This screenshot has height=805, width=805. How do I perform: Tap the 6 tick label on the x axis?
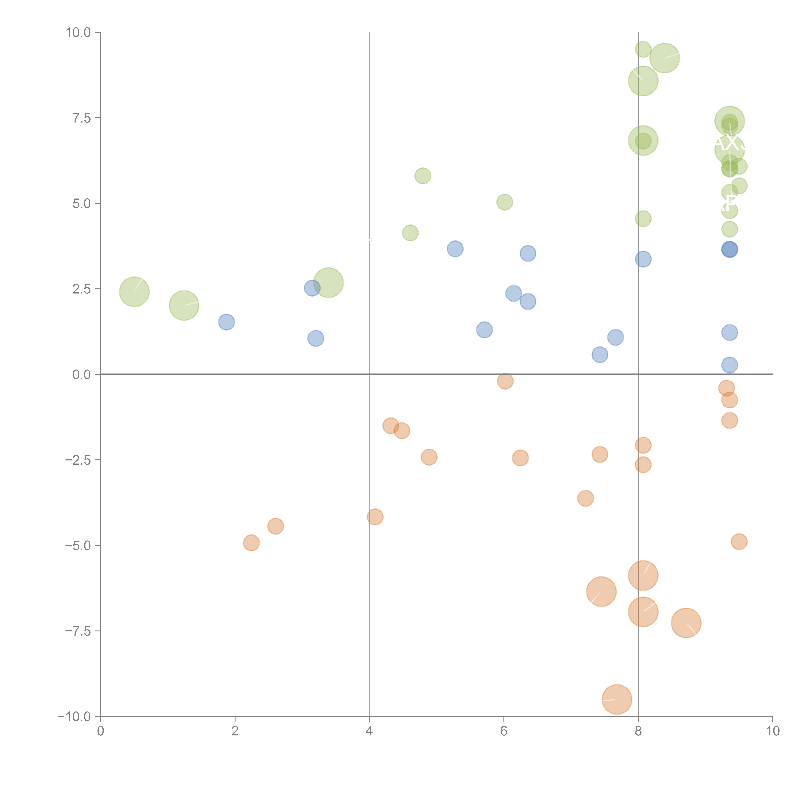[x=504, y=731]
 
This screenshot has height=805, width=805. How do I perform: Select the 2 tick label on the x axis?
[x=235, y=731]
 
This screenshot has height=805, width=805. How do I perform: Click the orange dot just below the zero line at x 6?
[x=505, y=381]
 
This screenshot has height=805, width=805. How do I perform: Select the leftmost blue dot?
[x=227, y=322]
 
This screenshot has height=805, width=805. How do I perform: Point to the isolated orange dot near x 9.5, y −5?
[x=739, y=542]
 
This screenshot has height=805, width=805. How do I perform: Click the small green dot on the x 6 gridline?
[x=505, y=202]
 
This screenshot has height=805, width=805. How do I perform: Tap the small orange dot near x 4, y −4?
[x=375, y=517]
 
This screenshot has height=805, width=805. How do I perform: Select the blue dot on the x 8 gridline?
[x=643, y=259]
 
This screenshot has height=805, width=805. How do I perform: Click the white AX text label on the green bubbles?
[x=729, y=143]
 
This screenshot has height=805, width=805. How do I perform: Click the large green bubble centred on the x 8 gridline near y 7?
[x=643, y=140]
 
